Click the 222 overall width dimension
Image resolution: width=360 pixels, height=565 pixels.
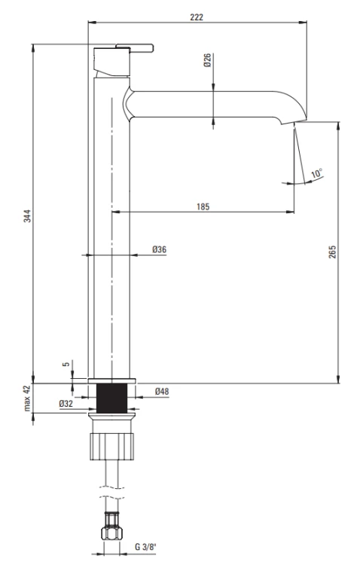[197, 17]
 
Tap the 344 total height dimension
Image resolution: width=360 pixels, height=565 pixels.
[27, 215]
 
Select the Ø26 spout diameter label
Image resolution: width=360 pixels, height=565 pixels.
[207, 60]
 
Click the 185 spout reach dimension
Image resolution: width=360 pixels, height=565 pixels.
[203, 207]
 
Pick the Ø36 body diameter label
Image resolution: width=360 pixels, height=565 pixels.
[159, 249]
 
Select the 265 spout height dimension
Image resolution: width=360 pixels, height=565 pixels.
[332, 252]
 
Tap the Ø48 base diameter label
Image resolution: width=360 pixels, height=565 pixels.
[162, 391]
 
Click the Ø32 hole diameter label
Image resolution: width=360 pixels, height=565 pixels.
[66, 404]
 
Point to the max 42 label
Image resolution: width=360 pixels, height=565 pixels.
[27, 398]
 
